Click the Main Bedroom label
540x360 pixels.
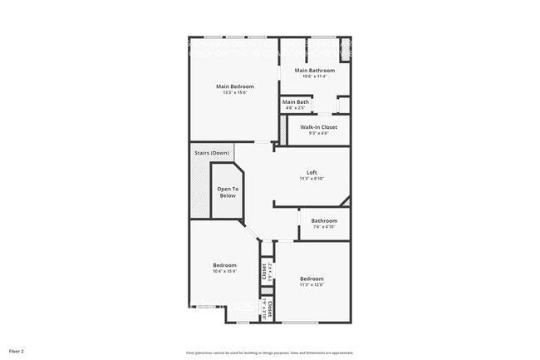point(235,86)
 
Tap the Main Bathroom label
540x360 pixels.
point(315,71)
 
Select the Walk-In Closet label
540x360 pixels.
point(319,127)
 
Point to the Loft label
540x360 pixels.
point(312,173)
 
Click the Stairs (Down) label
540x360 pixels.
point(212,153)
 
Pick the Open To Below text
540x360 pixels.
point(228,192)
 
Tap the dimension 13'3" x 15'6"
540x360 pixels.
point(235,92)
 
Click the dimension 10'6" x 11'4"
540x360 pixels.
point(315,76)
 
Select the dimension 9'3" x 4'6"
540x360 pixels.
point(319,133)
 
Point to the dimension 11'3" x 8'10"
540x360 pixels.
point(312,179)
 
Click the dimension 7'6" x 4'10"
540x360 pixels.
point(324,227)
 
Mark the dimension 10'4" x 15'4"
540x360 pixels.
point(224,271)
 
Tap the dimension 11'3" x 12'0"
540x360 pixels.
point(312,284)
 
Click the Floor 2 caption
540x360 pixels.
point(17,351)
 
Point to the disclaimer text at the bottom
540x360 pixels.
point(269,351)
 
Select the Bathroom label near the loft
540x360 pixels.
point(324,220)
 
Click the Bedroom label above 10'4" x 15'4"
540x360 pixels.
point(224,265)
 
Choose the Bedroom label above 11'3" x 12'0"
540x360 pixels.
point(312,279)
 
